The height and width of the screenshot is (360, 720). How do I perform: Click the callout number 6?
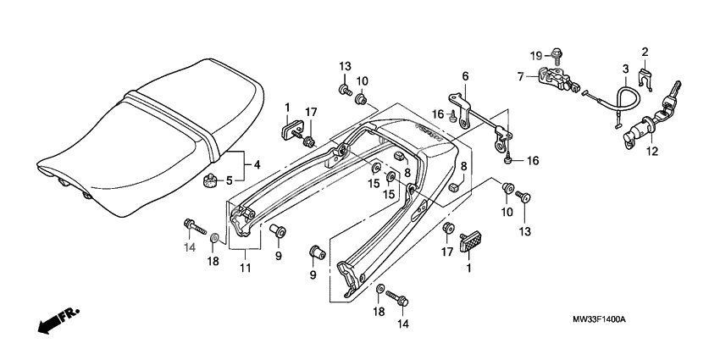point(464,76)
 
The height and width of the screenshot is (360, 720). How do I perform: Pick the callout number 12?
point(651,152)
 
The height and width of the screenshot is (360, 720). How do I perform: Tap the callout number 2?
point(645,53)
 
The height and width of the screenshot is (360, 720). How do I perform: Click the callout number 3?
point(625,69)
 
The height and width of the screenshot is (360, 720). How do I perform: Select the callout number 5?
point(228,180)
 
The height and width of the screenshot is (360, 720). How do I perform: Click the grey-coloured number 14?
point(190,246)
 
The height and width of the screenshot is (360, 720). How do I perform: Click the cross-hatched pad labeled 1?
point(471,244)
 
